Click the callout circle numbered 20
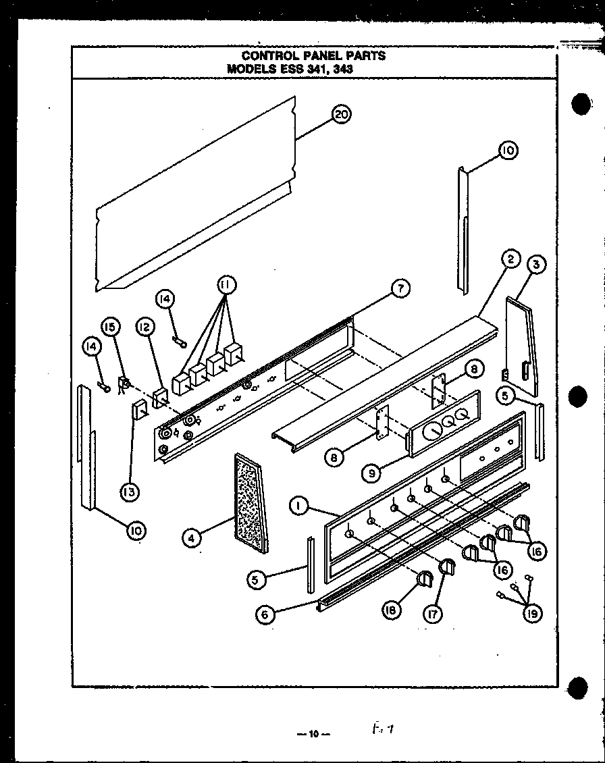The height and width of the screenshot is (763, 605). click(x=342, y=115)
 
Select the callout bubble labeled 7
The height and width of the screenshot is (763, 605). click(x=400, y=289)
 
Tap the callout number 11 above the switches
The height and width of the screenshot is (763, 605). click(x=226, y=285)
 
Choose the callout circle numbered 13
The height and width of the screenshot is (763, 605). click(x=130, y=492)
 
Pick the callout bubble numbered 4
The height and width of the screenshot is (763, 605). click(x=192, y=538)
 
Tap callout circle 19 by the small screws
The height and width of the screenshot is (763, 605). click(x=532, y=613)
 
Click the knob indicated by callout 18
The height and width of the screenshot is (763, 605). click(x=425, y=579)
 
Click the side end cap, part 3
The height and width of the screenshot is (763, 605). click(x=523, y=348)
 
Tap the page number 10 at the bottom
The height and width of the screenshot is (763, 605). click(x=313, y=734)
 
